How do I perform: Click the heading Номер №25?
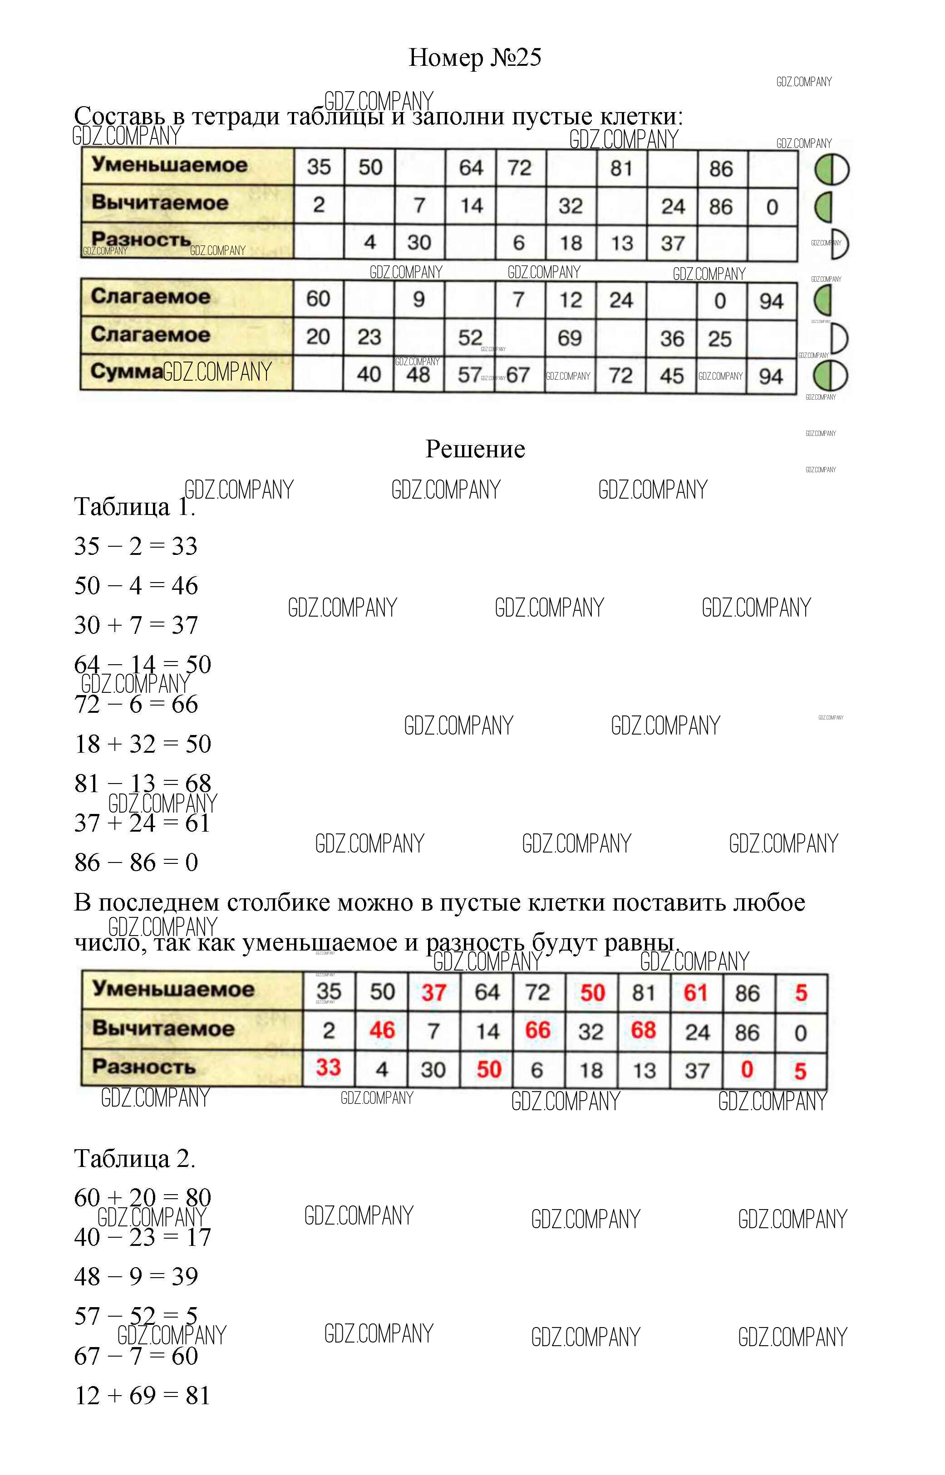point(474,58)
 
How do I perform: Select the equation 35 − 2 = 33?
point(136,546)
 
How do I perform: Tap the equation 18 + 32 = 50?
point(143,744)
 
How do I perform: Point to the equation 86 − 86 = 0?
point(136,862)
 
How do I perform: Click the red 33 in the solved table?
point(328,1068)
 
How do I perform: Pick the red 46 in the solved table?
point(382,1030)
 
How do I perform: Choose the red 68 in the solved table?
point(643,1030)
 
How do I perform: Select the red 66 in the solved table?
point(537,1030)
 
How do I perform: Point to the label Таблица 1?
point(134,507)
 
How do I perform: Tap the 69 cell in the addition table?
point(570,338)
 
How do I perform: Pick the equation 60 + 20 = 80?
point(143,1197)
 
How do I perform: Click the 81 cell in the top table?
point(621,168)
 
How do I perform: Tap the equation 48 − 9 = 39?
point(136,1276)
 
